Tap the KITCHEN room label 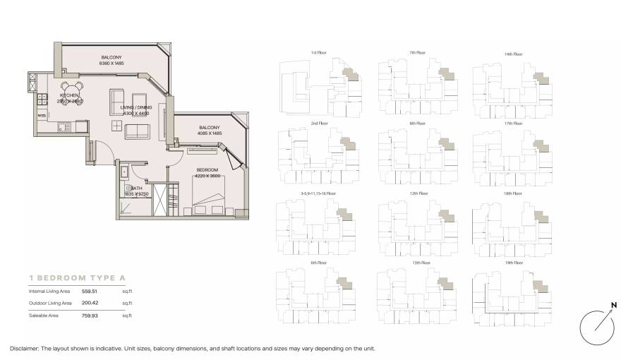(69, 95)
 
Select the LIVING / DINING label (137, 107)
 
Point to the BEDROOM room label (207, 170)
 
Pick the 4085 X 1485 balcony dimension (210, 133)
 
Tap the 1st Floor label (318, 53)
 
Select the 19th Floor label (514, 263)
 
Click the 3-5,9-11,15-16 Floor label (318, 193)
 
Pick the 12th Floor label (417, 193)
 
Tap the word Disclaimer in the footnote (28, 349)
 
